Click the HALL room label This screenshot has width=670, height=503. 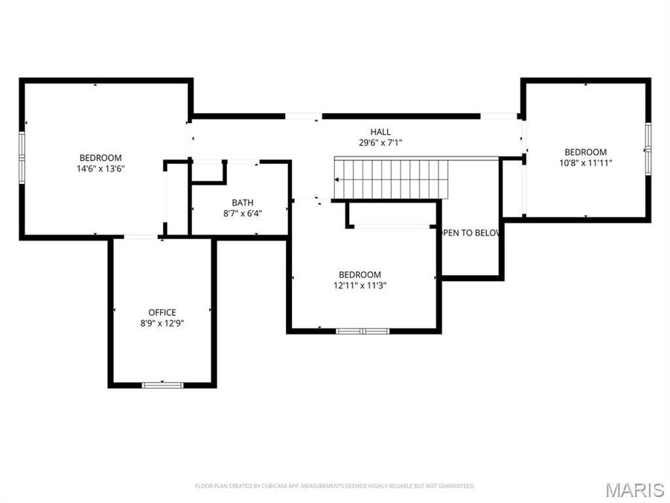click(380, 132)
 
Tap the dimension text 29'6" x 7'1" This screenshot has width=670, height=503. click(380, 142)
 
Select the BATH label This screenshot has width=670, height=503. click(242, 202)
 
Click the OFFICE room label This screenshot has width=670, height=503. click(162, 312)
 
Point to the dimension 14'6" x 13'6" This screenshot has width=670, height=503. click(100, 168)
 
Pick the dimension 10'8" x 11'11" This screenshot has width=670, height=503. click(585, 162)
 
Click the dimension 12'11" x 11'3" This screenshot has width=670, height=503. click(360, 285)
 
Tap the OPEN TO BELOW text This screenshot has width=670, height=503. click(470, 232)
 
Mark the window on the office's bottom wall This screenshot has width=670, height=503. click(162, 385)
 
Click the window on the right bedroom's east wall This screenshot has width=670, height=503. click(648, 148)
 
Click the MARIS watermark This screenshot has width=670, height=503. click(634, 490)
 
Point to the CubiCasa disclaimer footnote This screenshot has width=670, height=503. click(335, 486)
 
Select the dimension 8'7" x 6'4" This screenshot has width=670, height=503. click(242, 212)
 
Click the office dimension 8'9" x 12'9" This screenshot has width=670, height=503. click(162, 323)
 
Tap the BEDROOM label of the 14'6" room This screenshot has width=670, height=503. click(100, 157)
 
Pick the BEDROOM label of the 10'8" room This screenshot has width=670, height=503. click(585, 151)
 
